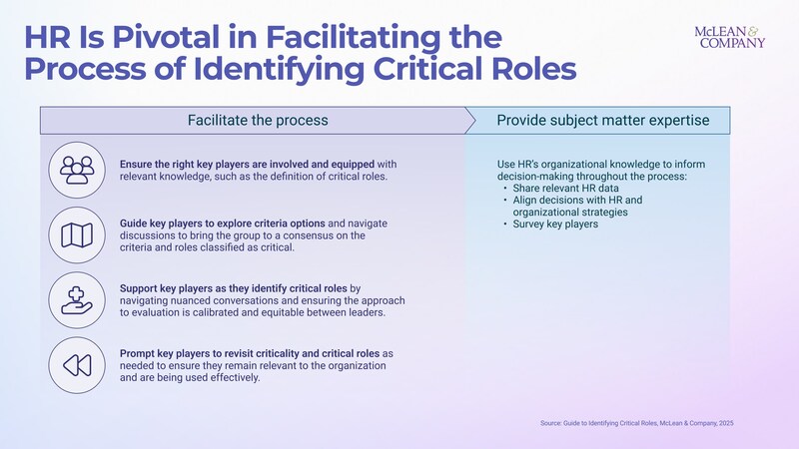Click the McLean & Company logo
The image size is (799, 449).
tap(729, 36)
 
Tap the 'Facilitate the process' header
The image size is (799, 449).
tap(257, 121)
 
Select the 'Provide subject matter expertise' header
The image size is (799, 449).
tap(603, 121)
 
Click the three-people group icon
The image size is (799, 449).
tap(77, 171)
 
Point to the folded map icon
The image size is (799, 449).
tap(77, 235)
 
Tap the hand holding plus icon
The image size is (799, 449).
tap(77, 300)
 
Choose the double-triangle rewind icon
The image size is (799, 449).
tap(77, 365)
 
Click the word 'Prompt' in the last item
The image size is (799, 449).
tap(137, 353)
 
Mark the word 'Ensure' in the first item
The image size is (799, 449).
tap(136, 164)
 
